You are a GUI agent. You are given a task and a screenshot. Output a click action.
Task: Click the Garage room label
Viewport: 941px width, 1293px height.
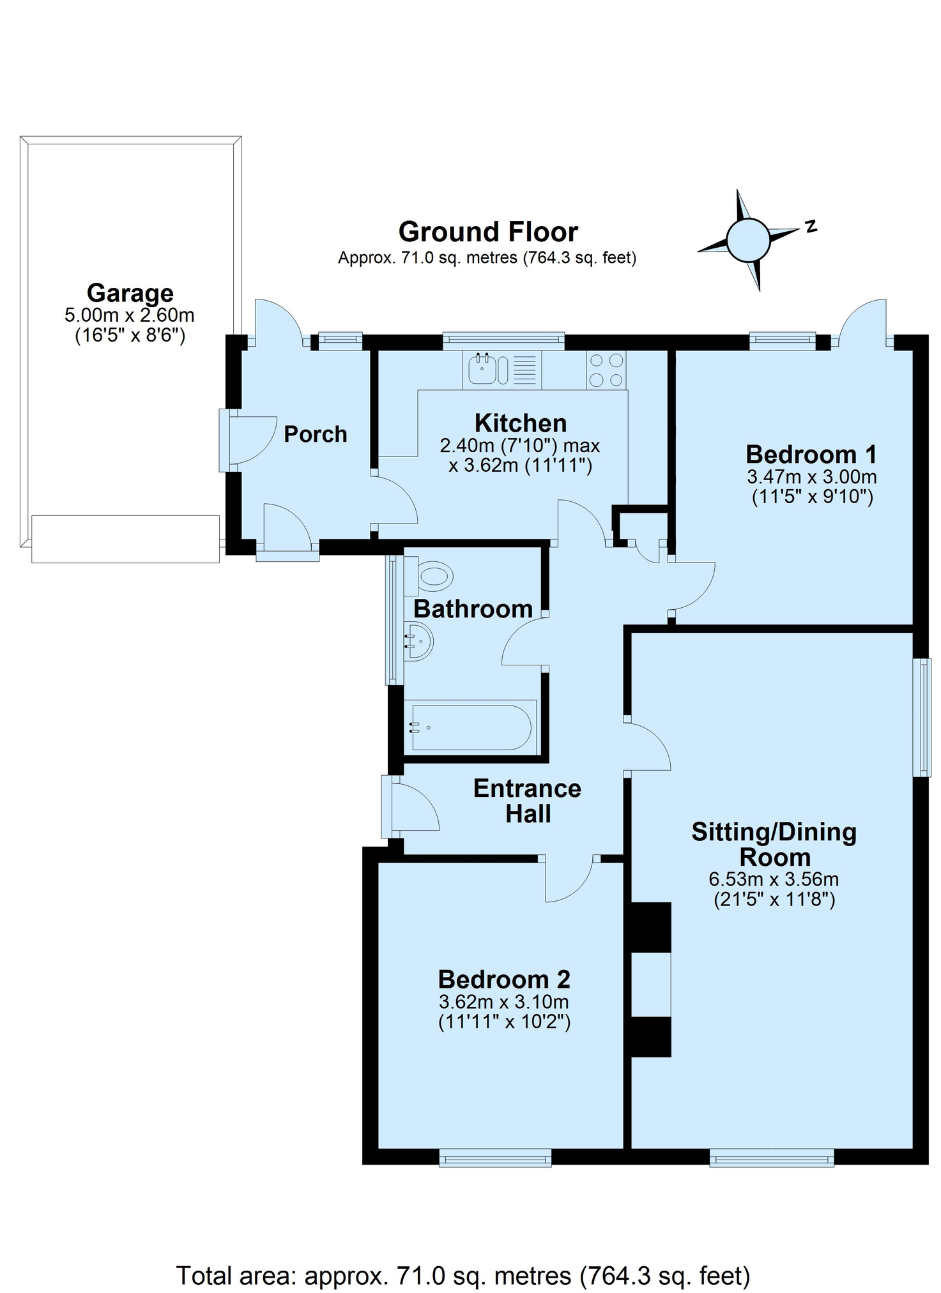coord(130,293)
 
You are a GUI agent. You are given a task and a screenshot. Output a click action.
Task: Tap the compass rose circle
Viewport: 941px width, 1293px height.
coord(747,240)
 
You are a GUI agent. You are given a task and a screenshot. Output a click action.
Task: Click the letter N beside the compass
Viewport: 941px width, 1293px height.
coord(811,226)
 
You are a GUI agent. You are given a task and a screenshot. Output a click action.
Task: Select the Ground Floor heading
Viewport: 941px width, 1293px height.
coord(488,232)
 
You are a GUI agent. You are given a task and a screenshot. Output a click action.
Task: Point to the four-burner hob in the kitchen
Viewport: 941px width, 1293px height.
coord(606,370)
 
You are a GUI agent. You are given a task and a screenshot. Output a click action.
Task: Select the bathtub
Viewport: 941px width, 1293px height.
coord(471,727)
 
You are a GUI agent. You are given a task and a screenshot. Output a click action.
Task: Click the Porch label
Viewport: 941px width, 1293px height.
coord(316,434)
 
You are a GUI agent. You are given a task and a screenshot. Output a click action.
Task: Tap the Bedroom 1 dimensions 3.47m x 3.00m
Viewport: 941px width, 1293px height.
coord(812,476)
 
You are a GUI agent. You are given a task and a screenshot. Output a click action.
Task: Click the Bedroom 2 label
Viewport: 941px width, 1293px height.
coord(504,979)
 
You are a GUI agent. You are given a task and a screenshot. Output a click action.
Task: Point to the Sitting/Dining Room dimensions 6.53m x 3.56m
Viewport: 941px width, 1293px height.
coord(774,879)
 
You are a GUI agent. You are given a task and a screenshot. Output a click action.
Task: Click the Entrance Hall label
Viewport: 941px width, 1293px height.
coord(528,801)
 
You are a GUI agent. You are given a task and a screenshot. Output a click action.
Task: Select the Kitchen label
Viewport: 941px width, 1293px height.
coord(521,423)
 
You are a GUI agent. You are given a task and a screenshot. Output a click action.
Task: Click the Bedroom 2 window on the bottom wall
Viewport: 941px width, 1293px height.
coord(495,1158)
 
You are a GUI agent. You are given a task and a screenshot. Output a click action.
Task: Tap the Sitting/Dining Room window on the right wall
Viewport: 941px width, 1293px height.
coord(921,718)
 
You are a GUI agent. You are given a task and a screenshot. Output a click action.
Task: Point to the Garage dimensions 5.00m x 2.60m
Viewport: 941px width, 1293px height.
coord(130,315)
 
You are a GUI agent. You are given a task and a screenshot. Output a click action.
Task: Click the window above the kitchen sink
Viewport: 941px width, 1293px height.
coord(504,341)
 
